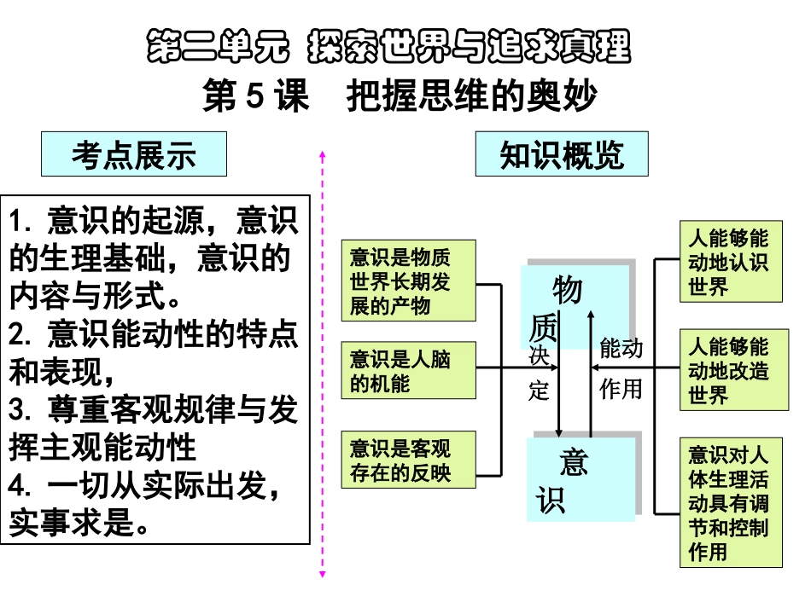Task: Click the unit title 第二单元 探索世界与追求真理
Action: (x=389, y=47)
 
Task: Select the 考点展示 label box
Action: (x=134, y=155)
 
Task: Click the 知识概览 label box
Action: (x=562, y=154)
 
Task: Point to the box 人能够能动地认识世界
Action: (x=730, y=262)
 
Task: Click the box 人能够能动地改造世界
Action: (x=730, y=369)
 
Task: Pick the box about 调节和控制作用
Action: (x=730, y=502)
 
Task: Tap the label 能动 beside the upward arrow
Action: (x=621, y=350)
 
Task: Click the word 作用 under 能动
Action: (x=621, y=390)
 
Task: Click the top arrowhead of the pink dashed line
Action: (x=322, y=155)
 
